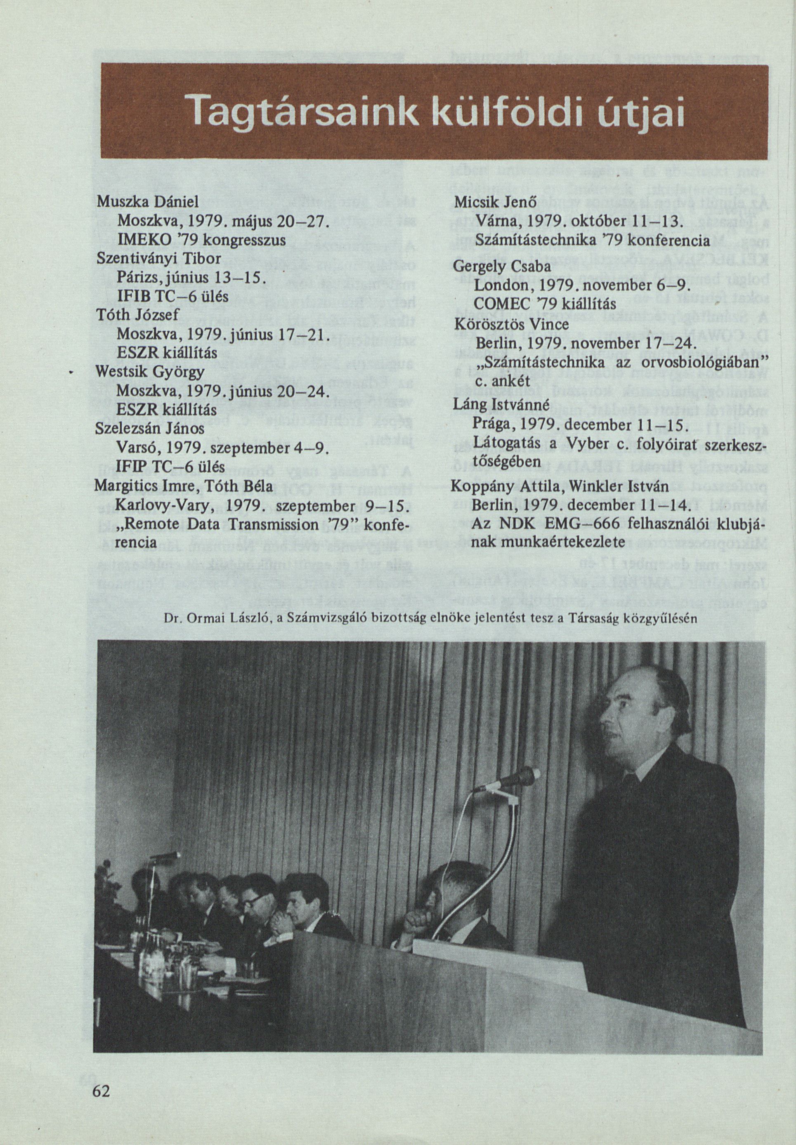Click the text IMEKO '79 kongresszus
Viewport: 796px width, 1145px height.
click(201, 240)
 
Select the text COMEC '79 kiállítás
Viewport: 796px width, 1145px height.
click(545, 304)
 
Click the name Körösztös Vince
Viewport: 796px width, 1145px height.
click(512, 325)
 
